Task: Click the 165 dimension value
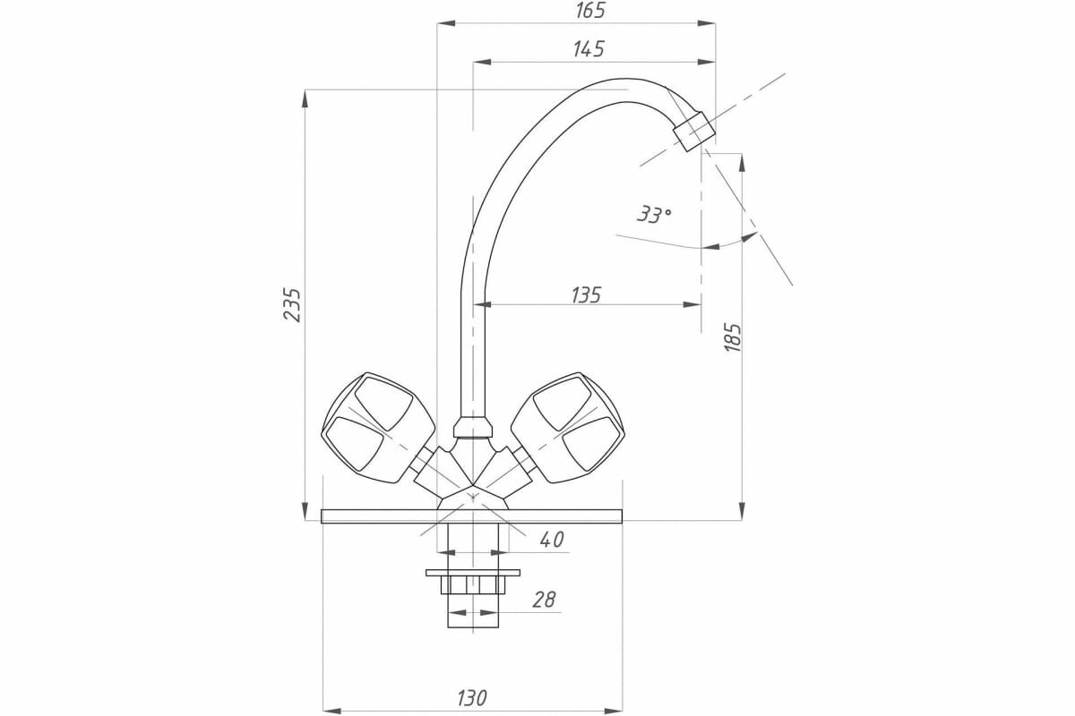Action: click(x=590, y=10)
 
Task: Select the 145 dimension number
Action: click(x=589, y=49)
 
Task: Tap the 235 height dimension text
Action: click(x=292, y=304)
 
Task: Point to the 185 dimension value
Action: click(x=733, y=338)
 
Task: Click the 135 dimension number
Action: click(x=586, y=295)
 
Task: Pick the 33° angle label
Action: click(x=654, y=215)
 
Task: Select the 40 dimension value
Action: click(x=552, y=540)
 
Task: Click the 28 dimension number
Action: click(x=544, y=600)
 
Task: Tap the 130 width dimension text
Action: click(x=472, y=698)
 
